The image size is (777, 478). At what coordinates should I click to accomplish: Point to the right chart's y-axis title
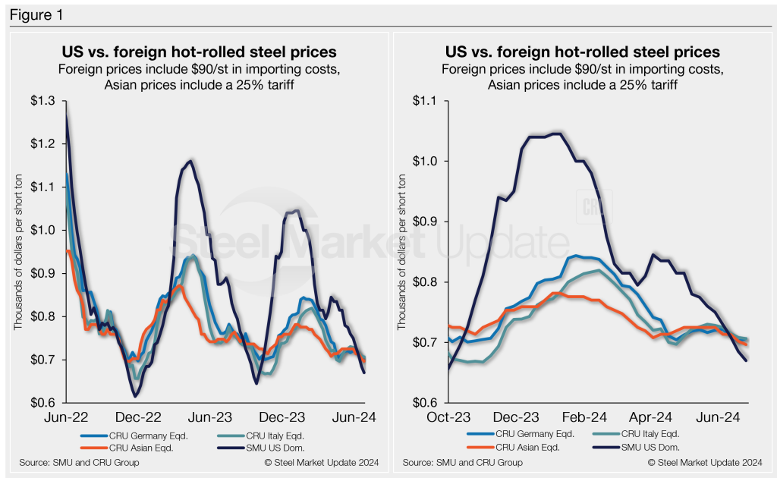coord(403,250)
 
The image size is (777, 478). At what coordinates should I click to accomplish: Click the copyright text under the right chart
coord(706,462)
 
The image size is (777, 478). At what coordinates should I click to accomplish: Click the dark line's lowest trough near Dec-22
coord(136,396)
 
